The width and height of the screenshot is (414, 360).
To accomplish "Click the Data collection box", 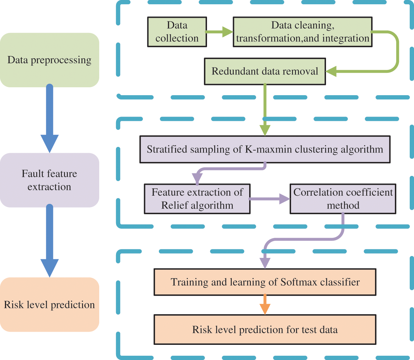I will (177, 32).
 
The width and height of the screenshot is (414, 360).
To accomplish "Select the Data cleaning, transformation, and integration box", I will (303, 32).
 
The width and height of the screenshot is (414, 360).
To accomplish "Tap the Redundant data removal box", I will (265, 71).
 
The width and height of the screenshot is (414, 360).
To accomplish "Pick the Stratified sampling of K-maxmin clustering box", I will (265, 150).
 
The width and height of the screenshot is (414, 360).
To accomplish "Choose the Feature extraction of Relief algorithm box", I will (197, 199).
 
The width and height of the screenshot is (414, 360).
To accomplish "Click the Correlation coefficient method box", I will (343, 199).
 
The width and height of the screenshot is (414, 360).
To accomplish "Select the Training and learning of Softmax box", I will (265, 282).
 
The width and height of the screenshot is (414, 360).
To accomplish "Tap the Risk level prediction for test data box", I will (265, 330).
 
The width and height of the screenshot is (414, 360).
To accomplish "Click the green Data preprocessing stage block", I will (49, 60).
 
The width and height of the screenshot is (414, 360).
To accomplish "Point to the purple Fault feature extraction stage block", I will (49, 180).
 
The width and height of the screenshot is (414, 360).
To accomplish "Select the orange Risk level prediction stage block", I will (49, 305).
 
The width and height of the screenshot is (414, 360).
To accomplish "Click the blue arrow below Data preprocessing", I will (49, 119).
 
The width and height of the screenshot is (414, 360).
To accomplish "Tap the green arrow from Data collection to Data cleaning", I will (220, 32).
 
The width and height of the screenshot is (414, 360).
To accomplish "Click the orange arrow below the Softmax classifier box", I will (265, 305).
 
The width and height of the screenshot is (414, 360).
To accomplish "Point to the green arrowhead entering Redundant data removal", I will (331, 71).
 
